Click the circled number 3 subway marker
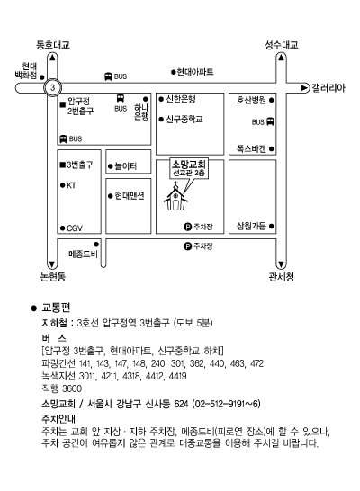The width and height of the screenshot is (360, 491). pyautogui.click(x=52, y=87)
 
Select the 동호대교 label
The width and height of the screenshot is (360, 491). pyautogui.click(x=52, y=45)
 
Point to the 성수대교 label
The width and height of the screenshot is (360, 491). pyautogui.click(x=282, y=45)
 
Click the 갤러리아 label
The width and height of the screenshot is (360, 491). pyautogui.click(x=328, y=88)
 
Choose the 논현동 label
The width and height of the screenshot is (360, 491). pyautogui.click(x=53, y=276)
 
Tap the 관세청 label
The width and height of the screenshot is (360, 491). pyautogui.click(x=281, y=276)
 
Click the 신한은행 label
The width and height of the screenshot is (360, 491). pyautogui.click(x=181, y=99)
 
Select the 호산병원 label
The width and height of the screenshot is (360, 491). pyautogui.click(x=251, y=100)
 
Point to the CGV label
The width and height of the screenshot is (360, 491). pyautogui.click(x=75, y=228)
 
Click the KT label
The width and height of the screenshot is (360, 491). pyautogui.click(x=71, y=185)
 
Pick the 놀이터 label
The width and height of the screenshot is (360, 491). pyautogui.click(x=126, y=166)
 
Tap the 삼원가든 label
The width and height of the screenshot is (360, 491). pyautogui.click(x=251, y=226)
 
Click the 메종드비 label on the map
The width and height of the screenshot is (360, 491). pyautogui.click(x=83, y=254)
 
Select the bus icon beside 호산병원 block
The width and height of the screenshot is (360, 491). pyautogui.click(x=270, y=121)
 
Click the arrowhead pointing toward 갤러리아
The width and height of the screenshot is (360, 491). pyautogui.click(x=305, y=88)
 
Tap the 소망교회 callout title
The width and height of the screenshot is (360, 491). pyautogui.click(x=189, y=165)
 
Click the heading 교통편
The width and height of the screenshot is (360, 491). pyautogui.click(x=56, y=308)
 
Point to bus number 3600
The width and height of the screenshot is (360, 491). pyautogui.click(x=72, y=388)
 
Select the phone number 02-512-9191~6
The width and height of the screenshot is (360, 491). pyautogui.click(x=227, y=404)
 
